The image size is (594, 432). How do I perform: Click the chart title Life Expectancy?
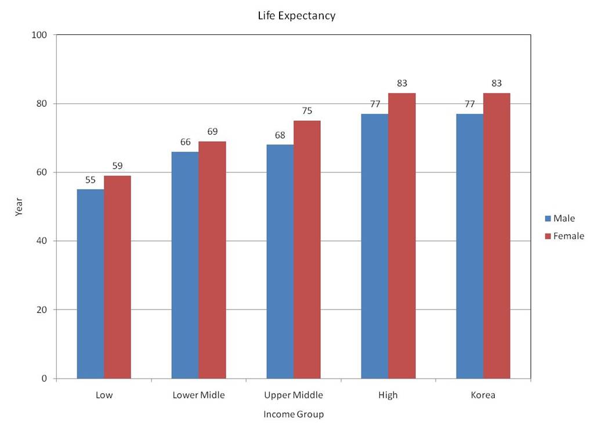tap(296, 16)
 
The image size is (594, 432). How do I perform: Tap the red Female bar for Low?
tap(117, 277)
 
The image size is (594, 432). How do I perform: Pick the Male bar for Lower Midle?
tap(185, 265)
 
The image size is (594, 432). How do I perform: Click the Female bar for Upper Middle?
tap(307, 249)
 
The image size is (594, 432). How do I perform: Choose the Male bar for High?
tap(375, 246)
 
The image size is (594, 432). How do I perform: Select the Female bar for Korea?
tap(497, 236)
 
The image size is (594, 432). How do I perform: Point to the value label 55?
tap(90, 180)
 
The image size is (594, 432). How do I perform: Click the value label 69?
tap(212, 132)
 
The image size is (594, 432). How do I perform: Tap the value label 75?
tap(307, 111)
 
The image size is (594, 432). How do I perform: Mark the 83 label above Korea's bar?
tap(497, 84)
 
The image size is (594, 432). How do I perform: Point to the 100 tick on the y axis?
tap(39, 35)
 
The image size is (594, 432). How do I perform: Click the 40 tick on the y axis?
tap(42, 241)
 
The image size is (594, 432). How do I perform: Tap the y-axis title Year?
tap(19, 207)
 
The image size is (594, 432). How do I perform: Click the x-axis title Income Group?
tap(294, 415)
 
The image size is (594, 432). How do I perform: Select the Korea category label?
tap(483, 395)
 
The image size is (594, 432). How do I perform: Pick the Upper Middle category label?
tap(294, 395)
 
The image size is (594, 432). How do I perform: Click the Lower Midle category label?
tap(198, 395)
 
